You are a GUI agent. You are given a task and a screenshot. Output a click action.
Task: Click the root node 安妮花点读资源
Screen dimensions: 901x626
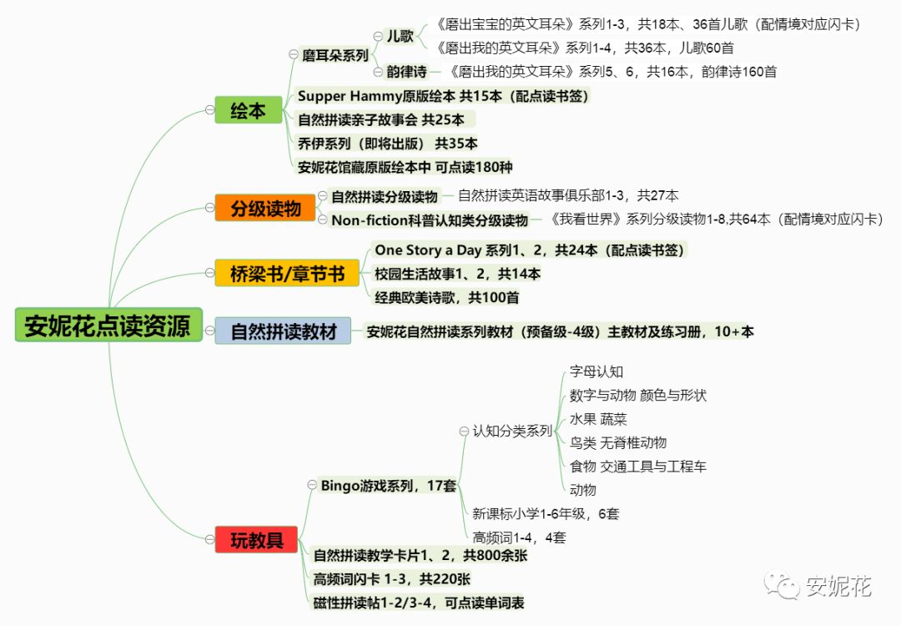pyautogui.click(x=108, y=325)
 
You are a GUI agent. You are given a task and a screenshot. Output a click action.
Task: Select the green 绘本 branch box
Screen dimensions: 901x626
pyautogui.click(x=248, y=110)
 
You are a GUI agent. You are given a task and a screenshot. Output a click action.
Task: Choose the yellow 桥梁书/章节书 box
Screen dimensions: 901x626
pyautogui.click(x=287, y=273)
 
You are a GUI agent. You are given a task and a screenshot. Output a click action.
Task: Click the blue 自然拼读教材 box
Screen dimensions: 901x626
pyautogui.click(x=284, y=331)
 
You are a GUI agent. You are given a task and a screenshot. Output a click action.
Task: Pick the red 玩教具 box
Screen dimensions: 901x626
pyautogui.click(x=257, y=540)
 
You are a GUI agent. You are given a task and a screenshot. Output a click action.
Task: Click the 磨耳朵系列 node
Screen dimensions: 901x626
pyautogui.click(x=335, y=55)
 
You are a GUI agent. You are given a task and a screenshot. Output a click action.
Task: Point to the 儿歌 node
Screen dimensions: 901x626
pyautogui.click(x=400, y=36)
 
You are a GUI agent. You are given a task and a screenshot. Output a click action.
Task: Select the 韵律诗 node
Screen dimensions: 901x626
pyautogui.click(x=407, y=72)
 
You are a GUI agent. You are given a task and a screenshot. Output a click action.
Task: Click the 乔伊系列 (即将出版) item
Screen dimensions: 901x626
pyautogui.click(x=388, y=144)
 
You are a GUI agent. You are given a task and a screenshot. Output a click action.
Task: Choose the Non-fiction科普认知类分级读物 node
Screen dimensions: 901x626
pyautogui.click(x=430, y=220)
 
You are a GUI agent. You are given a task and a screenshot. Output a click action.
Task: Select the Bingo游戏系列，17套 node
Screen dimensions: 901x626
pyautogui.click(x=388, y=485)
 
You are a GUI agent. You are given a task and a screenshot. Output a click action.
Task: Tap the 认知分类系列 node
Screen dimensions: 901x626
pyautogui.click(x=512, y=431)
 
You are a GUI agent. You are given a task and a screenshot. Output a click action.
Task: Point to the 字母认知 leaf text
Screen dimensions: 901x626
pyautogui.click(x=596, y=371)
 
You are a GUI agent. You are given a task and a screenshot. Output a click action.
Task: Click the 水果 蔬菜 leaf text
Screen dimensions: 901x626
pyautogui.click(x=597, y=419)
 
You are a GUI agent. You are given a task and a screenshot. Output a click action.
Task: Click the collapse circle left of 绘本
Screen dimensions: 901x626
pyautogui.click(x=209, y=110)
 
